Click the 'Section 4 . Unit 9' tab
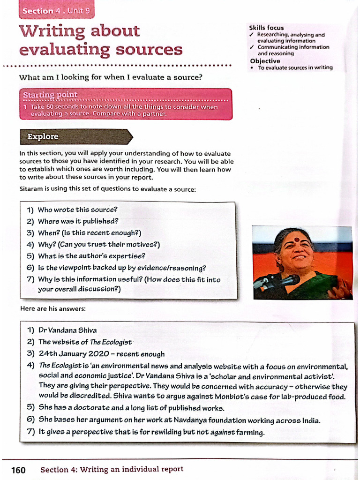56,11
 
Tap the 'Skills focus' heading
266,28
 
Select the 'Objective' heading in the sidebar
265,61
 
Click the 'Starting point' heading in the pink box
51,95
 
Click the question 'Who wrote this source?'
77,210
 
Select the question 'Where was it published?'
78,221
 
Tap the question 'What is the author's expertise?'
91,256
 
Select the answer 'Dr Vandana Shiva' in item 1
67,330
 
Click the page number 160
18,470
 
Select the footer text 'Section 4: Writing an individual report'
112,469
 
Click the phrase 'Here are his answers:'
52,308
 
